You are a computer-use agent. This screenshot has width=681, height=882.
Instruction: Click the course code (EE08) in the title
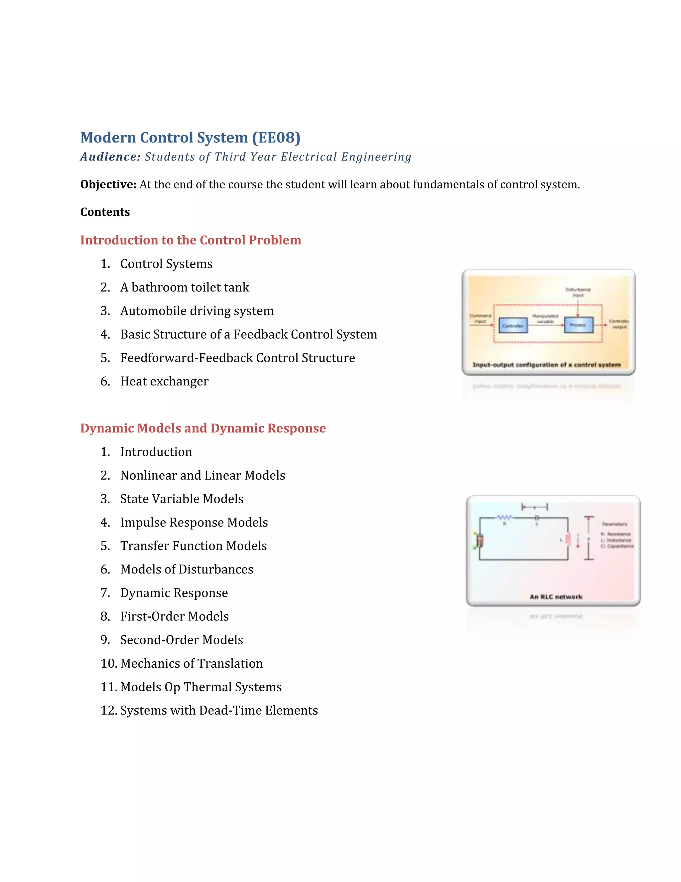tap(276, 138)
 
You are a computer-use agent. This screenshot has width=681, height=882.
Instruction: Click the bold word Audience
tap(110, 157)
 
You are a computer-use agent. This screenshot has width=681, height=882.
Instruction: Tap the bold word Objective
tap(108, 185)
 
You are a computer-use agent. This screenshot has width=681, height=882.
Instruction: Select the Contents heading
tap(105, 212)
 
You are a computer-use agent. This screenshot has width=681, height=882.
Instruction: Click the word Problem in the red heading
tap(275, 240)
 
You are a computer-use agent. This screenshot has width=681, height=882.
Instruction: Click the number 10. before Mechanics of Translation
tap(109, 664)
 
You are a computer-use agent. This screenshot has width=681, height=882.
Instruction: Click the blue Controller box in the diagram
tap(513, 326)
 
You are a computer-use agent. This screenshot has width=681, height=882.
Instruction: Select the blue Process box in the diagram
tap(578, 325)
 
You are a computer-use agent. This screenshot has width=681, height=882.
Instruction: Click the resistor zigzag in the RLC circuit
tap(504, 517)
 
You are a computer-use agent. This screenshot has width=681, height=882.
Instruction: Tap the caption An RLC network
tap(556, 597)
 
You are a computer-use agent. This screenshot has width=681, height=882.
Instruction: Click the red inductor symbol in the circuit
tap(568, 539)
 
